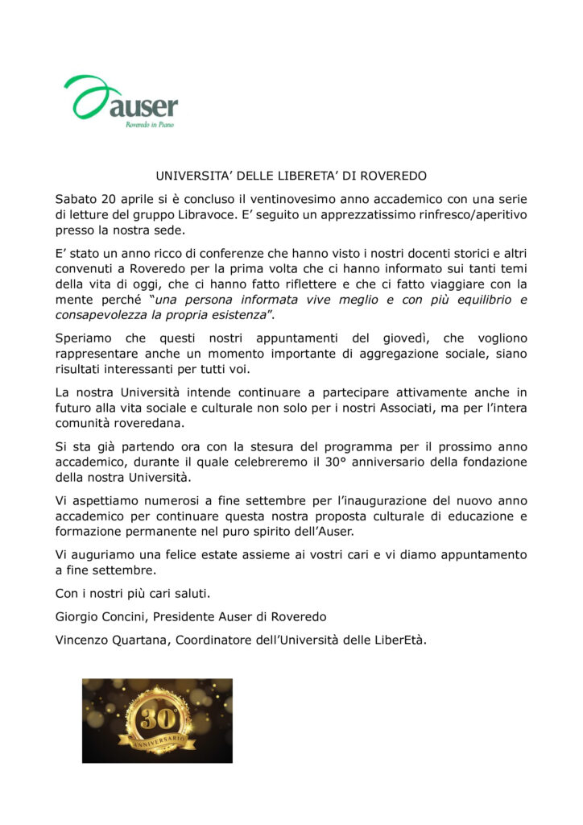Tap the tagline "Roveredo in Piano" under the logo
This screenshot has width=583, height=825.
pos(149,126)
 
